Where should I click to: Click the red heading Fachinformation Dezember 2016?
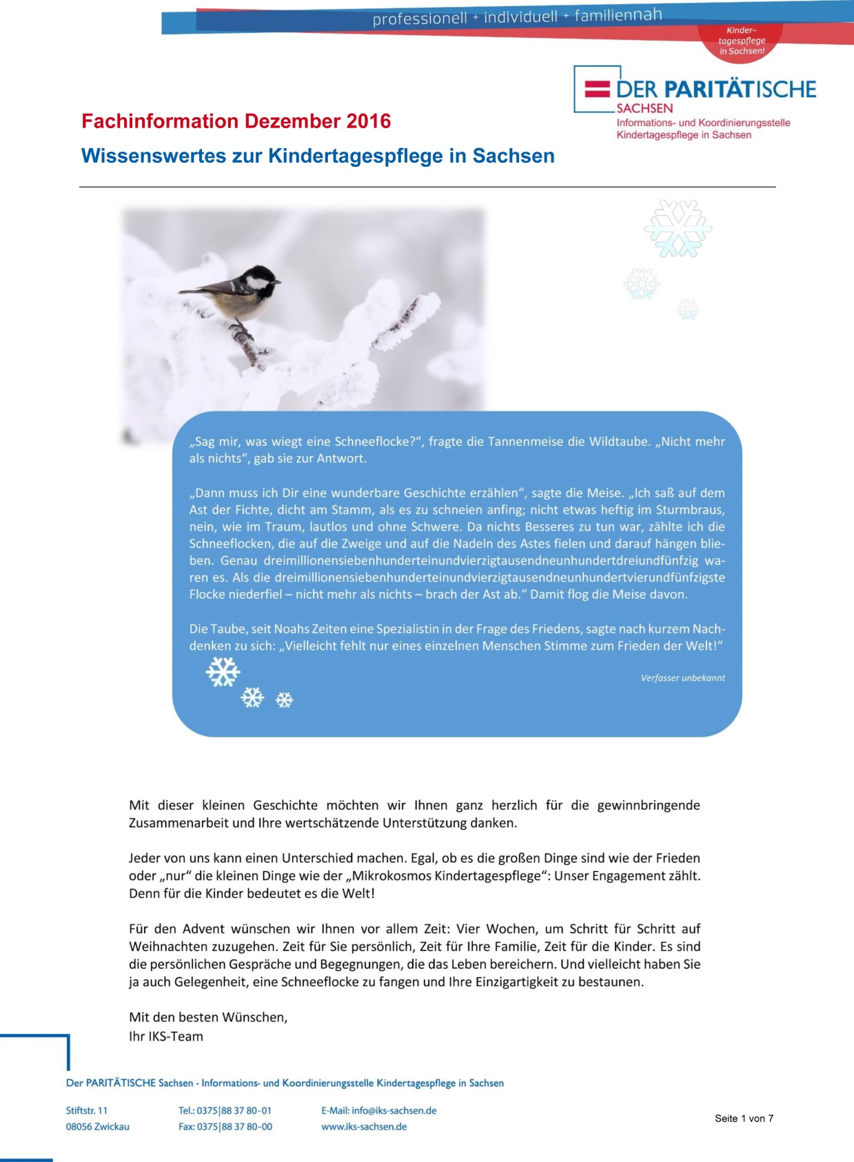coord(236,121)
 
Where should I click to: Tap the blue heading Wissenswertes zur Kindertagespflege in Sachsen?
coord(318,156)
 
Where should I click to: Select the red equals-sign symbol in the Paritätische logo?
coord(598,89)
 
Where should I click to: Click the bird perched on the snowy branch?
coord(234,292)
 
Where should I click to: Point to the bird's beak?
coord(278,281)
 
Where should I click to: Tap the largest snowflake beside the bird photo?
coord(678,229)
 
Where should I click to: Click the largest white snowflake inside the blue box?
coord(223,671)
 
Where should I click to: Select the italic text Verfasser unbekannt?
coord(682,678)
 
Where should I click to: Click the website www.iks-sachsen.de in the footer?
coord(364,1127)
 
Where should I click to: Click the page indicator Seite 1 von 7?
coord(744,1119)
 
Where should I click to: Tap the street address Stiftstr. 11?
coord(87,1110)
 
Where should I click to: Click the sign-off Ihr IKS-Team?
coord(166,1037)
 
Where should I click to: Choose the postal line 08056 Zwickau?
coord(98,1127)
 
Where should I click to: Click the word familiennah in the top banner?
coord(618,14)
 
